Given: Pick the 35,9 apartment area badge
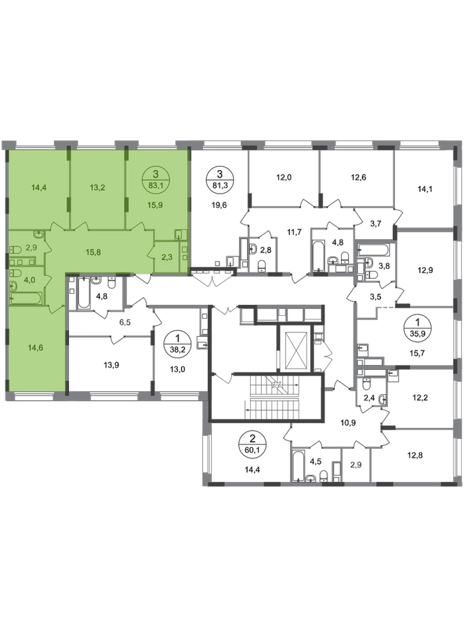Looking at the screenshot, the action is [x=418, y=326].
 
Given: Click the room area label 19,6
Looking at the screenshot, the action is [x=218, y=205].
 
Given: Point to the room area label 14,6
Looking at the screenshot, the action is [x=35, y=348].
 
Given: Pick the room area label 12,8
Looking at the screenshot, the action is [x=415, y=455].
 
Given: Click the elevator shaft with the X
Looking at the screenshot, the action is [x=296, y=347].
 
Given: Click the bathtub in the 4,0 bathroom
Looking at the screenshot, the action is [x=26, y=299].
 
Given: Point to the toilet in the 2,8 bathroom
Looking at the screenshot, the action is [x=262, y=265].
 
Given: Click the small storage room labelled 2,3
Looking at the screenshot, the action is [x=167, y=258].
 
